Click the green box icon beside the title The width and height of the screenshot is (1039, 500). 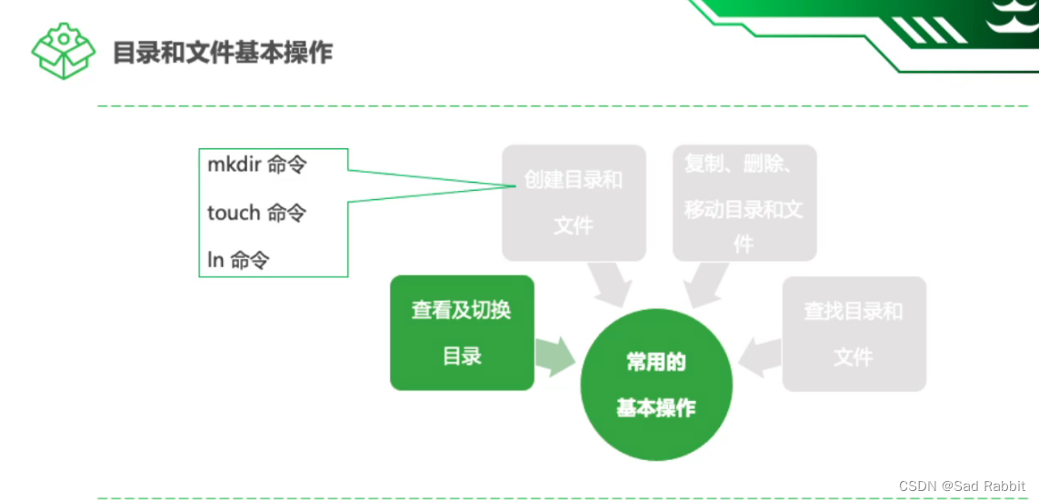coord(63,51)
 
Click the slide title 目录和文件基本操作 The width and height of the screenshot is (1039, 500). coord(223,53)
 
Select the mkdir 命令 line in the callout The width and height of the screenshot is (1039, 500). coord(257,165)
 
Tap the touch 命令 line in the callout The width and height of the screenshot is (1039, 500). coord(257,213)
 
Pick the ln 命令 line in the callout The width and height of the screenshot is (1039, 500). coord(238,261)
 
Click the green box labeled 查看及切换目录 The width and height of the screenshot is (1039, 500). coord(462,333)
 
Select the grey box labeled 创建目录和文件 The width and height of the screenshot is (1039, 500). coord(574,203)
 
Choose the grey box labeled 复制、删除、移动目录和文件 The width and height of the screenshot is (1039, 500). coord(744,203)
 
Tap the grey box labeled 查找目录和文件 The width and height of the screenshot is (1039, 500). coord(854,334)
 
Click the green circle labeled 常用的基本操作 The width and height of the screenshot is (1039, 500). coord(655,385)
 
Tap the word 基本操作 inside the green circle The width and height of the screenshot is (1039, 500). coord(655,409)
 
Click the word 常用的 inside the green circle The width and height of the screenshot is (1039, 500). coord(655,363)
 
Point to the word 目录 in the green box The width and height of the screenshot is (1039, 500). coord(462,356)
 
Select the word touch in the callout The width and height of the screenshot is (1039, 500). coord(234,213)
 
